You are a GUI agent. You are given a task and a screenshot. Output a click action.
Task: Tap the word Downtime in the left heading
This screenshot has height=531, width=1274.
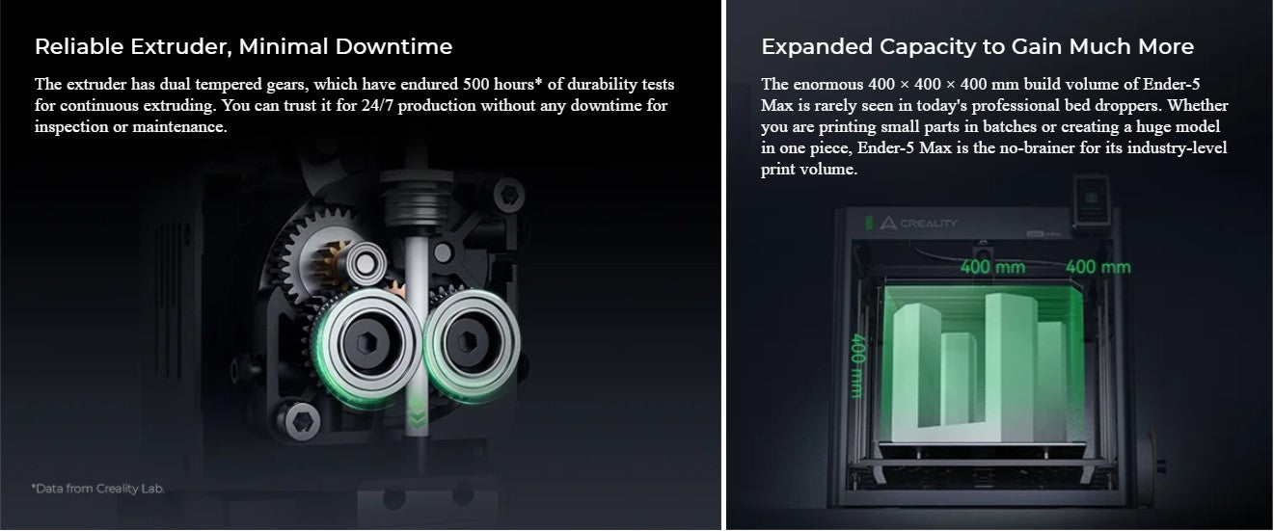pyautogui.click(x=393, y=46)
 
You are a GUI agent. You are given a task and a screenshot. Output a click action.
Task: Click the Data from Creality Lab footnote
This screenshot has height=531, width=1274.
pyautogui.click(x=97, y=489)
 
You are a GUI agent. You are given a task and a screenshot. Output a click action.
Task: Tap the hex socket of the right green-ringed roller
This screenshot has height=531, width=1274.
pyautogui.click(x=468, y=341)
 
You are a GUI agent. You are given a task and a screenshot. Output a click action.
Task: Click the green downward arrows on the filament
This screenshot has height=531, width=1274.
pyautogui.click(x=417, y=412)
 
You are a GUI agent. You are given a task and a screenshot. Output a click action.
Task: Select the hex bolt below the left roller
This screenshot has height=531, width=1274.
pyautogui.click(x=299, y=422)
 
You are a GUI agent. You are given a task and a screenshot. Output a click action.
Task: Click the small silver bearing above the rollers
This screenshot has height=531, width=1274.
pyautogui.click(x=366, y=263)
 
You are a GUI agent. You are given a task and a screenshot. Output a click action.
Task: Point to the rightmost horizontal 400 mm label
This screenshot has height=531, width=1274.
pyautogui.click(x=1098, y=267)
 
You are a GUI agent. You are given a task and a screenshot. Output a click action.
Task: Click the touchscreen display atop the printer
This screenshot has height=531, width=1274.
pyautogui.click(x=1092, y=199)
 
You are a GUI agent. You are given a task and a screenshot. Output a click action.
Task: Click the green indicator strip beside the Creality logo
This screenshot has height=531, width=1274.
pyautogui.click(x=869, y=223)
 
